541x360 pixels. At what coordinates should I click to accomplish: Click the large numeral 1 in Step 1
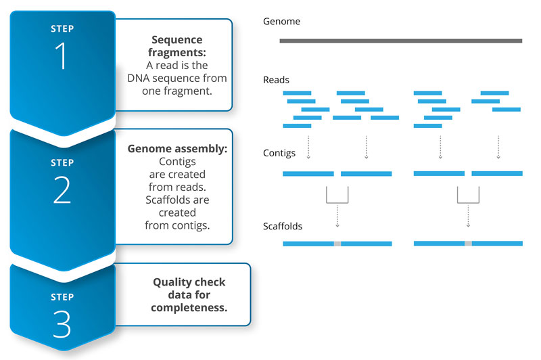click(62, 58)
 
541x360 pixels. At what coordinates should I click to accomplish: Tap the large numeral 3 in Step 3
click(62, 324)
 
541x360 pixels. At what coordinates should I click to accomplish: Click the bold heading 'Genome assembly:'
click(177, 149)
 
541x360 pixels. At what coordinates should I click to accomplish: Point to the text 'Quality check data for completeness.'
click(189, 295)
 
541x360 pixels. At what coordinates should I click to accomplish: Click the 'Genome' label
click(281, 22)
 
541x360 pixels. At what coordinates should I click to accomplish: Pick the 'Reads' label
click(276, 81)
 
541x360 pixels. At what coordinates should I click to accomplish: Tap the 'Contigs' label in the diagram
click(279, 153)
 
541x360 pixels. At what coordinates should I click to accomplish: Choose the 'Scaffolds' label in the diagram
click(283, 226)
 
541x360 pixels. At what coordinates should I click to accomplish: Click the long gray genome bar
click(400, 41)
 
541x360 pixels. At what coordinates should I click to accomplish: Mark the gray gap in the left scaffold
click(337, 243)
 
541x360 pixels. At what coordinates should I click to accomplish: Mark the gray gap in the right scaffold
click(468, 242)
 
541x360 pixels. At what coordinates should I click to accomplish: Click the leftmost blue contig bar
click(308, 174)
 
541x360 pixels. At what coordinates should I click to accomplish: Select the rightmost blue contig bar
click(496, 173)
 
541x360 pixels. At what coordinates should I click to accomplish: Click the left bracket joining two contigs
click(337, 196)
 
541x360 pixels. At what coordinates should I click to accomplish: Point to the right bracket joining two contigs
click(468, 196)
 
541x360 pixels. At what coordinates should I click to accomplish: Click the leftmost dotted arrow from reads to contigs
click(308, 147)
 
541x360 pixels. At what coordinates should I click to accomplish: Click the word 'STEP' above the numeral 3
click(62, 297)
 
